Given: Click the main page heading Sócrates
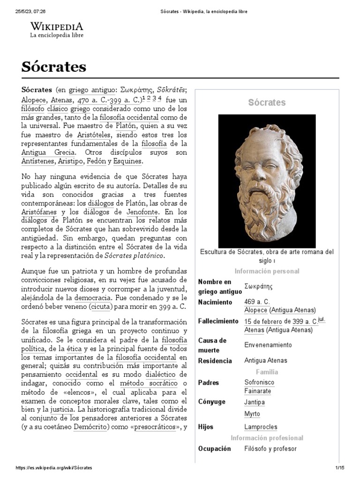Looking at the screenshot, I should point(54,67).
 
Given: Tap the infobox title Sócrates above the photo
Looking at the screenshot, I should point(267,102).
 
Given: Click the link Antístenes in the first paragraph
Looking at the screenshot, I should point(37,161).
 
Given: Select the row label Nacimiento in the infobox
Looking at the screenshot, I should point(215,302).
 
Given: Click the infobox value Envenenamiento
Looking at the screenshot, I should point(268,345).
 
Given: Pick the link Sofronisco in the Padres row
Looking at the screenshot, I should point(259,382).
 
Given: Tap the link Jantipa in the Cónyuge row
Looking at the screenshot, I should point(255,402).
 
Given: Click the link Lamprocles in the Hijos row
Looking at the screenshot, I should point(261,427).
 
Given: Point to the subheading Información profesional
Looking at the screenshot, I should point(267,438).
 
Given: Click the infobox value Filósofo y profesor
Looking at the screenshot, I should point(270,449).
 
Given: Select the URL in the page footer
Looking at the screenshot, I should point(54,468).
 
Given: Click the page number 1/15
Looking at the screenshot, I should point(339,468).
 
